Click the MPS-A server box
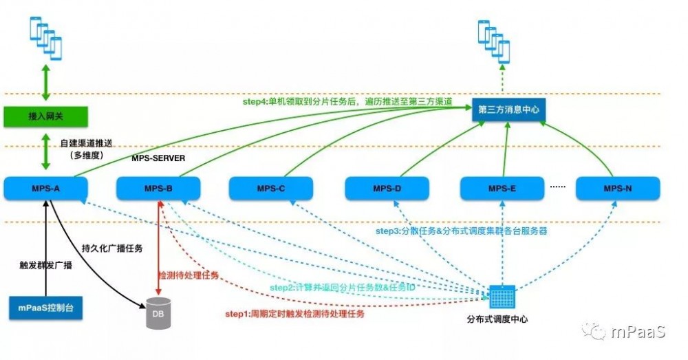coord(45,188)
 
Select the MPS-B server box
coord(158,188)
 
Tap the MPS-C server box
coord(271,188)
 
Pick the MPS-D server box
coord(387,188)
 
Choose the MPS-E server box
coord(502,188)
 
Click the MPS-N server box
coord(617,188)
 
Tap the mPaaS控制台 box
coord(45,308)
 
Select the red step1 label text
coord(294,313)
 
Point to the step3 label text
coord(460,231)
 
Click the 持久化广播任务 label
coord(112,248)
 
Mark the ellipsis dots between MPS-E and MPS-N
coord(559,187)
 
